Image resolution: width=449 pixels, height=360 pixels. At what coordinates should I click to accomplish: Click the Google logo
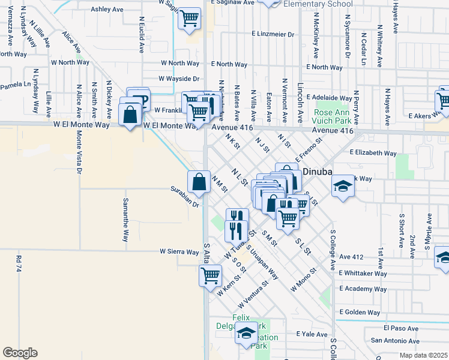(x=20, y=353)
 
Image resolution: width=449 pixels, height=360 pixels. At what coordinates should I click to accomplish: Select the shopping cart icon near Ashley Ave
(x=189, y=18)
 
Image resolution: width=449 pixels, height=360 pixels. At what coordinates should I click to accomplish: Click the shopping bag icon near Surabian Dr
(x=199, y=180)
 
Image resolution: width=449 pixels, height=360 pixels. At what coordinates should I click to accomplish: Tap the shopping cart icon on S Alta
(x=211, y=275)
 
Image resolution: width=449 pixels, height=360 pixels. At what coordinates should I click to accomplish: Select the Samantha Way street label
(x=125, y=220)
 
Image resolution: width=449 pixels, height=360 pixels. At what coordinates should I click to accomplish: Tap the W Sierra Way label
(x=179, y=252)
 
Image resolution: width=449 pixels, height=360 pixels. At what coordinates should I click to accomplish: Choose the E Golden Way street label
(x=360, y=312)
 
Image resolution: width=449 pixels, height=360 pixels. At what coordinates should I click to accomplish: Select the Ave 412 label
(x=352, y=257)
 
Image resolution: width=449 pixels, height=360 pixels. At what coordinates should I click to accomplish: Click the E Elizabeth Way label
(x=373, y=153)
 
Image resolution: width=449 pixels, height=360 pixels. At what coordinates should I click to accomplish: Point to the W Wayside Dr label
(x=178, y=79)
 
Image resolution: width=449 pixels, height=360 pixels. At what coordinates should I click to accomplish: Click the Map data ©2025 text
(x=424, y=356)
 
